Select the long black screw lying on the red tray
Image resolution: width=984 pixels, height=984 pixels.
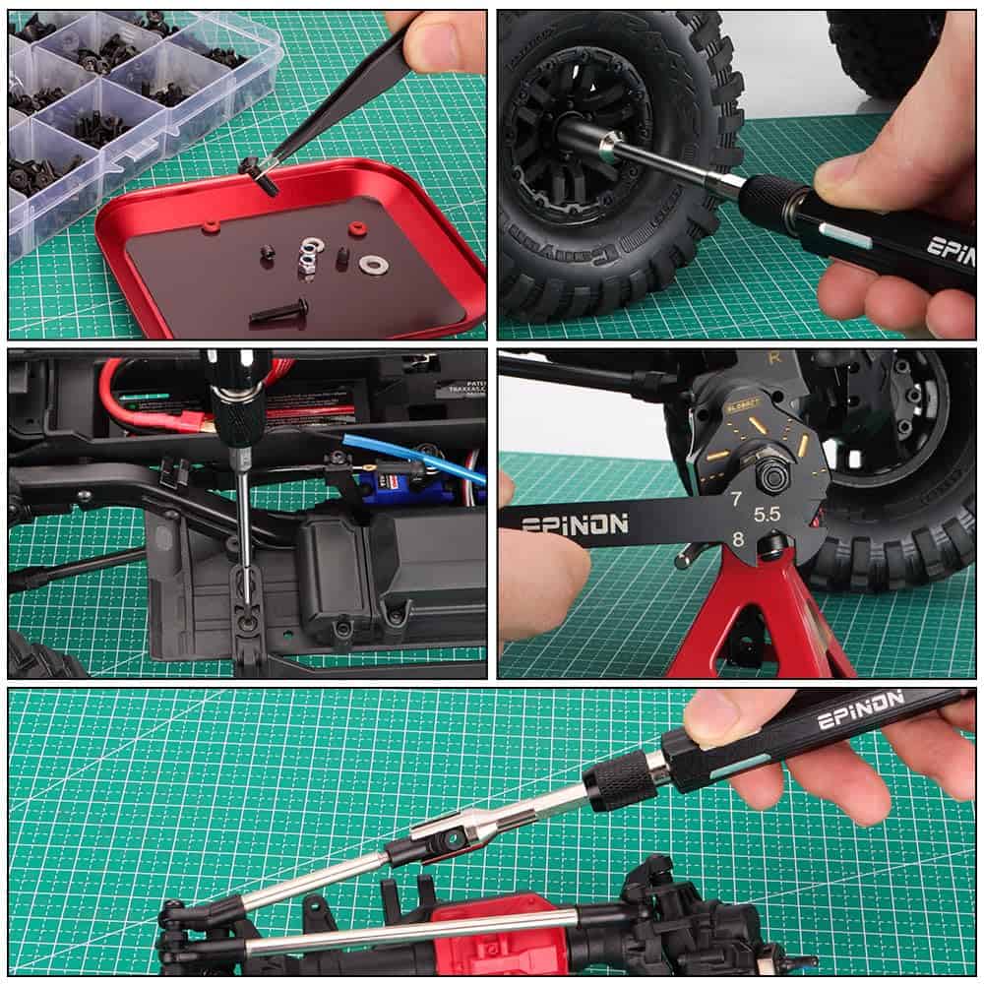click(278, 313)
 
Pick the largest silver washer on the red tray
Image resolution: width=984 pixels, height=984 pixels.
click(373, 264)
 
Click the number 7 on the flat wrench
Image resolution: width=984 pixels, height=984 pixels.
click(735, 499)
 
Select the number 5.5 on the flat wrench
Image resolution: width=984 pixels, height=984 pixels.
click(767, 514)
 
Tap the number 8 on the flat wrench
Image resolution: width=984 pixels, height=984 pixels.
click(736, 538)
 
